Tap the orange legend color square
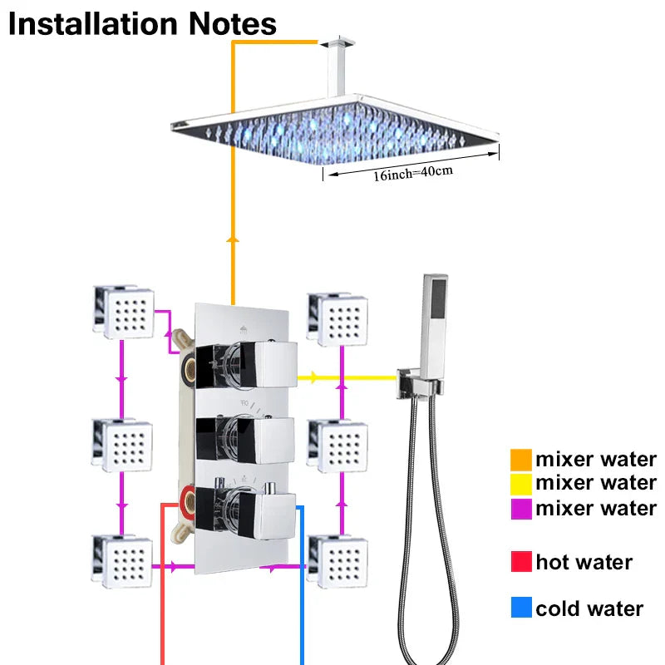pos(521,459)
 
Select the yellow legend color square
pos(521,483)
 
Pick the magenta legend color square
pos(521,508)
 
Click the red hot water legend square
pos(521,562)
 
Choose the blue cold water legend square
pos(521,608)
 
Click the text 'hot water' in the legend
pos(584,562)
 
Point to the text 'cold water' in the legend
pos(589,608)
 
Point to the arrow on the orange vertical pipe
pos(232,239)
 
